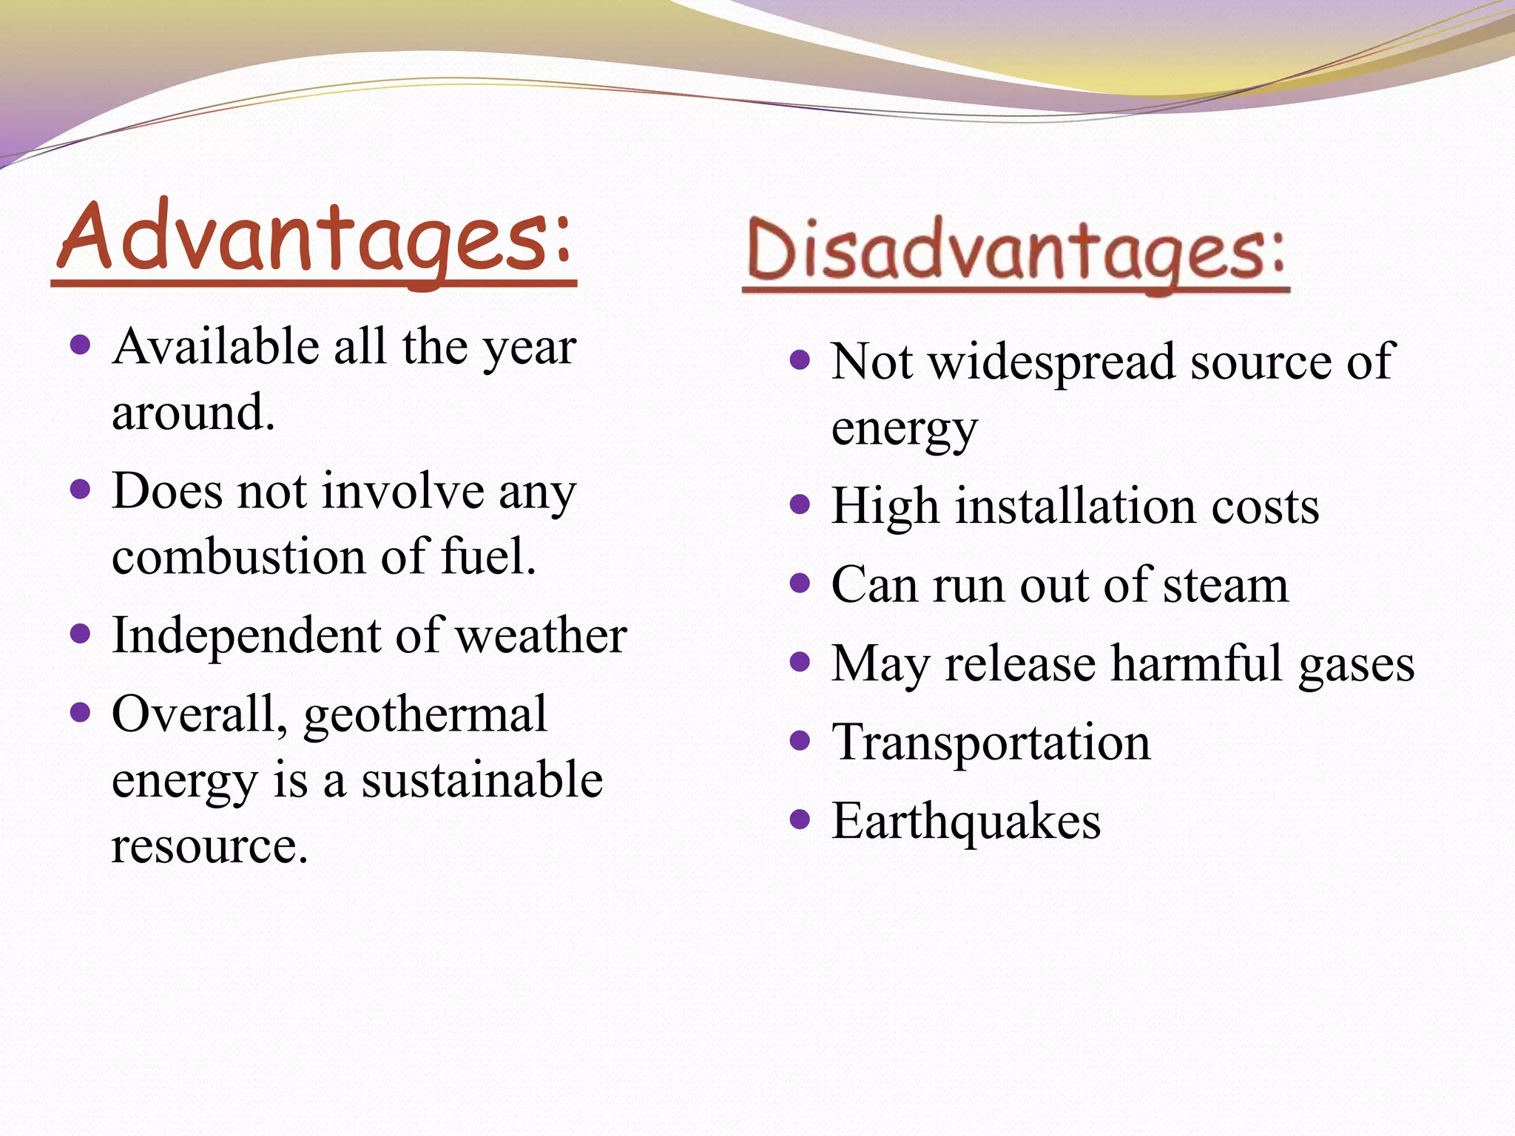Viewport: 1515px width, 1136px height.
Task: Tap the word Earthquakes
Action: [x=965, y=821]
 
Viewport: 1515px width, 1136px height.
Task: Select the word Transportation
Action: [x=991, y=742]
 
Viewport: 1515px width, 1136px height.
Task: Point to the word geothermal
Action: [x=425, y=716]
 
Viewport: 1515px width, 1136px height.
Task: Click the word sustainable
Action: [x=482, y=780]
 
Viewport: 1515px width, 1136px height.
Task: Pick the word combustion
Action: [x=238, y=556]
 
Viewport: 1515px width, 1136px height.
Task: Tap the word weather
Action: [x=541, y=635]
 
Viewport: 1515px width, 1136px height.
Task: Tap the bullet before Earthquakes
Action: [x=800, y=819]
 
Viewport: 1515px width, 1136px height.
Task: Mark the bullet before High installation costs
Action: [x=800, y=504]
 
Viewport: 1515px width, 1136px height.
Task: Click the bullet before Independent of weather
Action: [x=80, y=633]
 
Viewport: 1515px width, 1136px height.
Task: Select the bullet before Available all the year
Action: [x=80, y=345]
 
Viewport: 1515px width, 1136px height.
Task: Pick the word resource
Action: [x=209, y=845]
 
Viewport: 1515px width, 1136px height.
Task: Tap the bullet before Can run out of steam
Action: [x=800, y=584]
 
